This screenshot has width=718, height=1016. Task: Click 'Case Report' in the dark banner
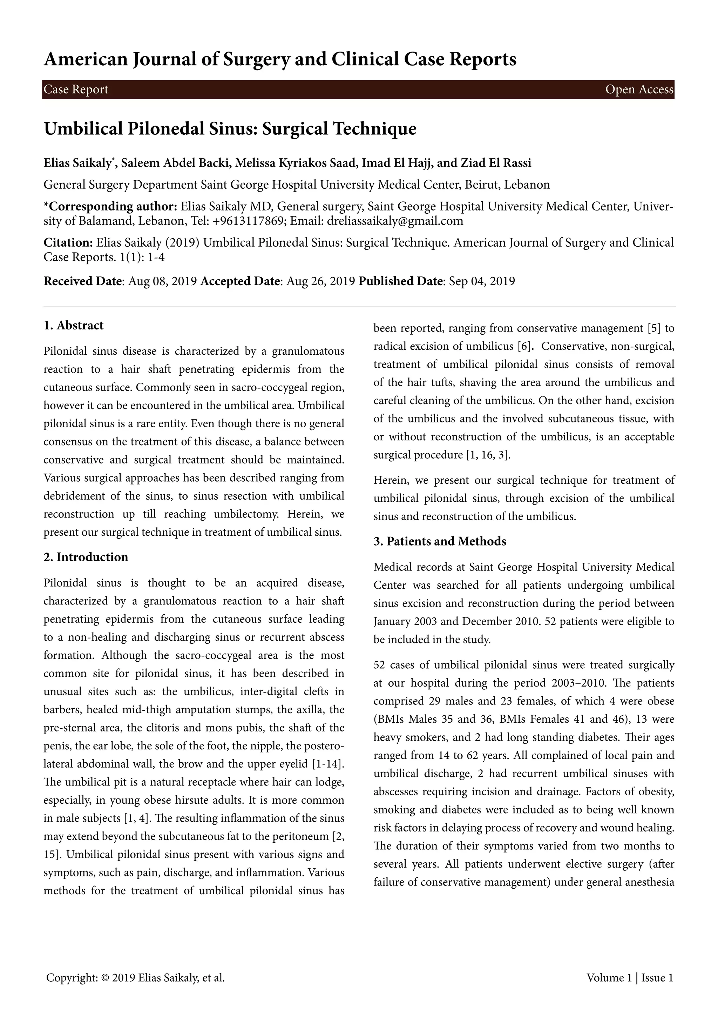pyautogui.click(x=76, y=90)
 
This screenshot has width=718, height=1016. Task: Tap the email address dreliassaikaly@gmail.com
pyautogui.click(x=395, y=221)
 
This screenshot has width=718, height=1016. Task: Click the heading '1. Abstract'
pyautogui.click(x=73, y=326)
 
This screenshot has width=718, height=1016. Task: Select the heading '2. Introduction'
pyautogui.click(x=86, y=557)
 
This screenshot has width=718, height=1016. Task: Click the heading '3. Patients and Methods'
pyautogui.click(x=440, y=542)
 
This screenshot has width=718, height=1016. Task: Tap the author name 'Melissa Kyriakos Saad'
pyautogui.click(x=295, y=163)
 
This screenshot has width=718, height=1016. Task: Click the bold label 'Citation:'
pyautogui.click(x=68, y=242)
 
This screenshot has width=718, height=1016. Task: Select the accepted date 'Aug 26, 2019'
pyautogui.click(x=320, y=281)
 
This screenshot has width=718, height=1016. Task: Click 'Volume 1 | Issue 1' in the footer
pyautogui.click(x=630, y=977)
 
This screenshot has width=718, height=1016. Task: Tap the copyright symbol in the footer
pyautogui.click(x=105, y=977)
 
